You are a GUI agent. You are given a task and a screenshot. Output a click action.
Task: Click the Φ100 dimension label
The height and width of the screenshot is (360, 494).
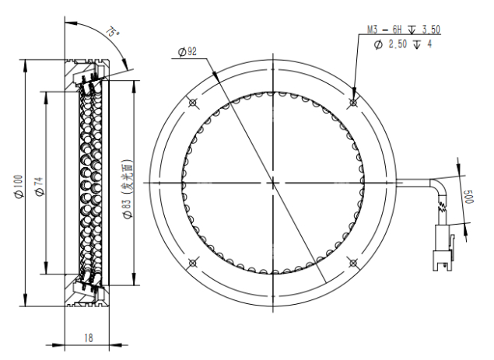pos(19,187)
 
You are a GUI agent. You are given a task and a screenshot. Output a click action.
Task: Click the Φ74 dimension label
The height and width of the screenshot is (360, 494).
pos(40,187)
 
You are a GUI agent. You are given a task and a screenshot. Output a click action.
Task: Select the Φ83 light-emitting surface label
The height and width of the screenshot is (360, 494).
pos(128,189)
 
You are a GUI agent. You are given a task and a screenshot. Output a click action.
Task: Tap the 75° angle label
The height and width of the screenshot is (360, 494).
pos(113,32)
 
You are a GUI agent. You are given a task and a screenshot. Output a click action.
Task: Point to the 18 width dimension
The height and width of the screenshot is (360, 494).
pos(89,338)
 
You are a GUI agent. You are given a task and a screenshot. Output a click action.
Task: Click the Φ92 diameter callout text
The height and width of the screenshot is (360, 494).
pos(187,51)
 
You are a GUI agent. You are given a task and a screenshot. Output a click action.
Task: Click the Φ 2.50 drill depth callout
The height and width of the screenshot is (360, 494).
pos(403,44)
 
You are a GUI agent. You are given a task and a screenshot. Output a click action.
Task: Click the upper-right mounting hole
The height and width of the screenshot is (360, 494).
pos(353,103)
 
